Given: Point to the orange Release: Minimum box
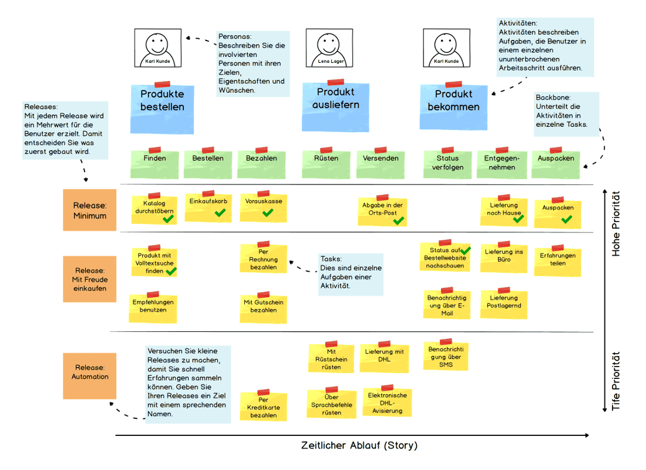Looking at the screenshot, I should pos(90,210).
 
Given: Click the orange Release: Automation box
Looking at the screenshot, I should pos(90,372).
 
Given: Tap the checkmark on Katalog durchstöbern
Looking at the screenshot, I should pos(168,219).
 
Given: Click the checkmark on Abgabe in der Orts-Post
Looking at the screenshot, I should pos(399,220).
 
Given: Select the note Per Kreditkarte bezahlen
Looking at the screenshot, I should pos(264,406).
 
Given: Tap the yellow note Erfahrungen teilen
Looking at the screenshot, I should pos(558,260).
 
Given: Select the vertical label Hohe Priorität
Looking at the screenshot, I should pos(616,223).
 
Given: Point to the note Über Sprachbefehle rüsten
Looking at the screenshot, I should pos(332,404).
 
